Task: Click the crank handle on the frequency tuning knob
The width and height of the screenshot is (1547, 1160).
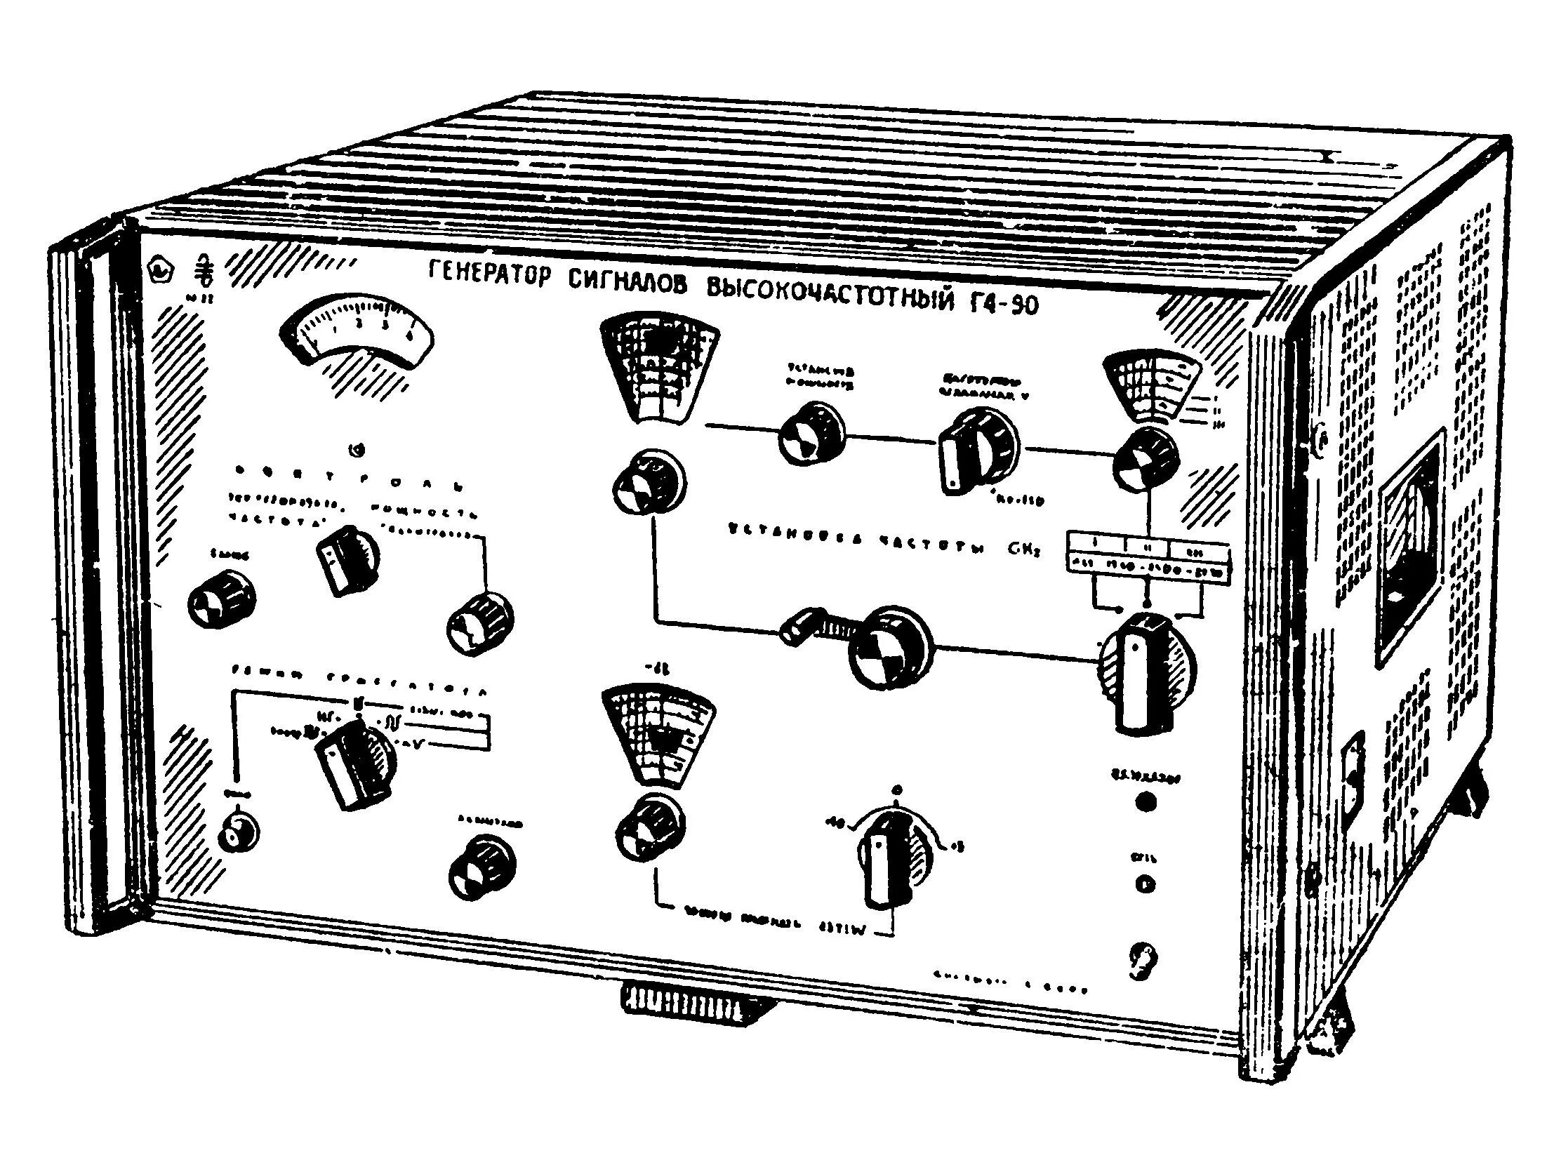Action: tap(800, 627)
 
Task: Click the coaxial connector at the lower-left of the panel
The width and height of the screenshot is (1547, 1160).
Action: tap(235, 834)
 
